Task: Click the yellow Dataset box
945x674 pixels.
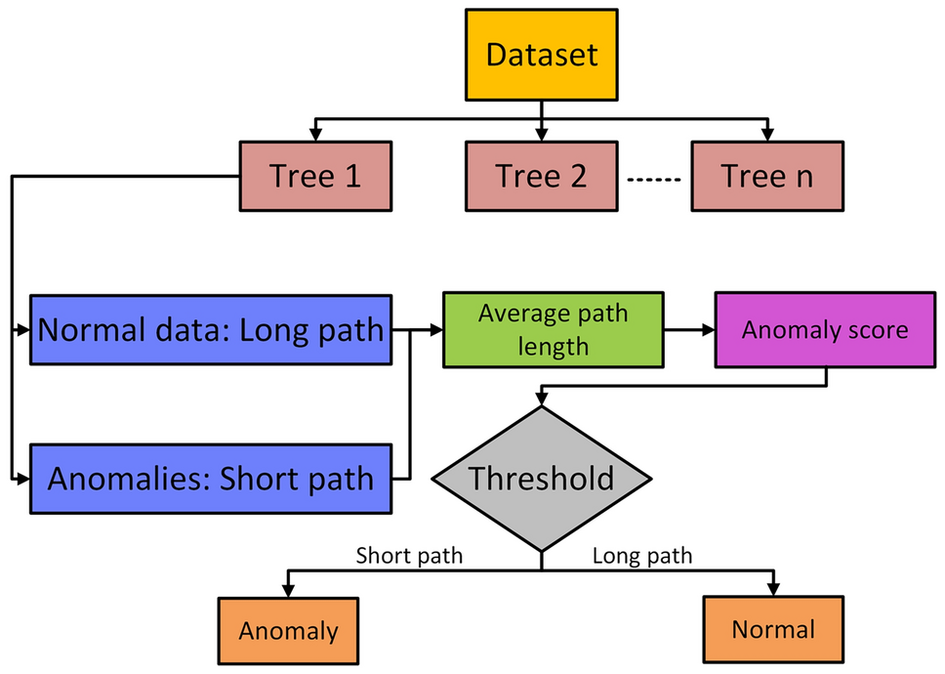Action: pyautogui.click(x=541, y=55)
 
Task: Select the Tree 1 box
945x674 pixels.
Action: pyautogui.click(x=315, y=176)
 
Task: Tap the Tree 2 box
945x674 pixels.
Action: pyautogui.click(x=541, y=176)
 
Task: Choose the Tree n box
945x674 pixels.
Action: pyautogui.click(x=766, y=176)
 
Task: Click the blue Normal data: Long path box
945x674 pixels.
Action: pyautogui.click(x=211, y=329)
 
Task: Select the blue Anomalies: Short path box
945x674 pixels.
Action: pyautogui.click(x=211, y=479)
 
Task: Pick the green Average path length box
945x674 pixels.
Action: pyautogui.click(x=553, y=329)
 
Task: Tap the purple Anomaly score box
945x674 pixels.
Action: pyautogui.click(x=825, y=329)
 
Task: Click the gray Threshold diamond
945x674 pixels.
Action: pyautogui.click(x=541, y=479)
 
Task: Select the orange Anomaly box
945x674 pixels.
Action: pyautogui.click(x=288, y=630)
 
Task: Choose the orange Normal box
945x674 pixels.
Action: pyautogui.click(x=772, y=628)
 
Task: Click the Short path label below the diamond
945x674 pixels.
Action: pyautogui.click(x=409, y=556)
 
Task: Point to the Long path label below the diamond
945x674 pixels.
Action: pyautogui.click(x=642, y=556)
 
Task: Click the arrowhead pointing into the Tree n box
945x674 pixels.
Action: pyautogui.click(x=767, y=134)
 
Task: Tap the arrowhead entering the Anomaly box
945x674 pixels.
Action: pyautogui.click(x=287, y=590)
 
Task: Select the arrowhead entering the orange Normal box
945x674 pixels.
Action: pyautogui.click(x=772, y=590)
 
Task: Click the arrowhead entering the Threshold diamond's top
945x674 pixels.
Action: pyautogui.click(x=541, y=400)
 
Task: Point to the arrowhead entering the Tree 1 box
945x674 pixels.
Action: pyautogui.click(x=314, y=134)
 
